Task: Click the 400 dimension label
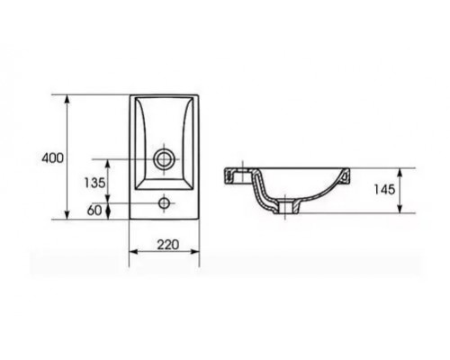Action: pos(52,157)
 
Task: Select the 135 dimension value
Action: pos(94,183)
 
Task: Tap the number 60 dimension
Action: pos(94,211)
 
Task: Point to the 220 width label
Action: pos(168,245)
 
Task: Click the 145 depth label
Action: pos(384,190)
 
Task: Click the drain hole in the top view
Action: pos(164,159)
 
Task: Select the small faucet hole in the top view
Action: pos(164,203)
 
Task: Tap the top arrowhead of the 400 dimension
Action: pos(67,100)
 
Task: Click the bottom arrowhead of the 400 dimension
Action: pos(67,214)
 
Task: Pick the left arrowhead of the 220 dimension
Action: pos(134,251)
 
